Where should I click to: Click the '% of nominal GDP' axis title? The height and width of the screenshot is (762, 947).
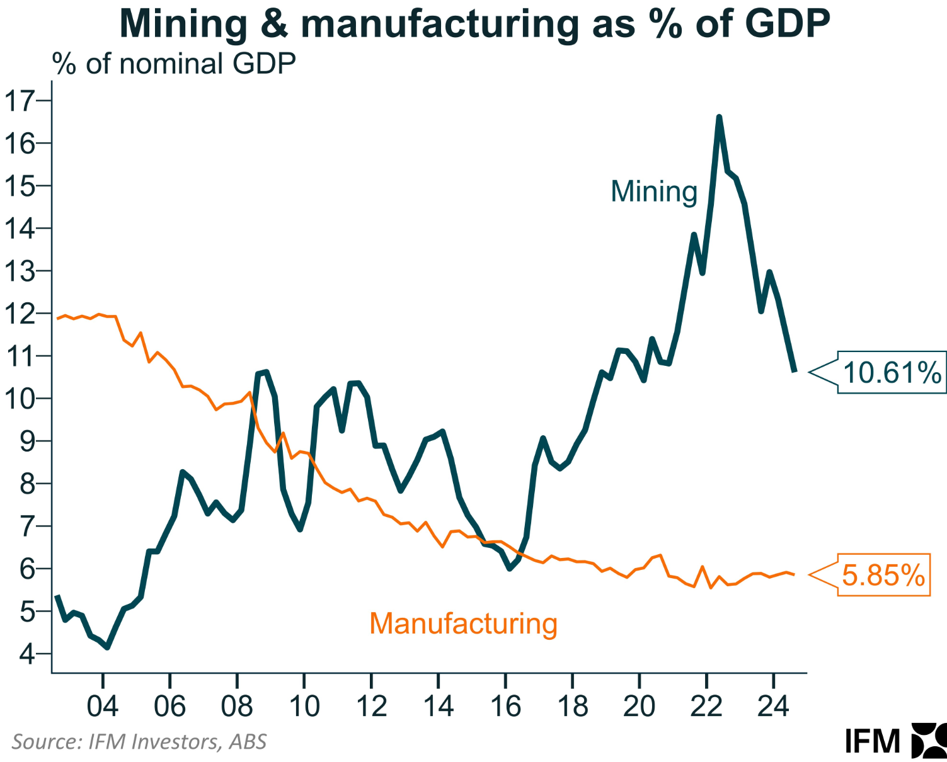[x=174, y=64]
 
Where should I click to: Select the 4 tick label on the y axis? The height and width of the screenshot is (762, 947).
[x=27, y=654]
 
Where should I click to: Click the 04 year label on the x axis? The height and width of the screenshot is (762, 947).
[x=103, y=706]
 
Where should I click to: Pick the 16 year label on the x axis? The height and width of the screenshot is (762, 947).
[x=505, y=706]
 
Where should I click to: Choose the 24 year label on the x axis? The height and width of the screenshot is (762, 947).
[x=774, y=706]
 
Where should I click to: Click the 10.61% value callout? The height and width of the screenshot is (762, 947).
[x=891, y=373]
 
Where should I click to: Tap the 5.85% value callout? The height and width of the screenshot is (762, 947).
[x=883, y=575]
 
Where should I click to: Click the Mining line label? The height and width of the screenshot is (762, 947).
[x=654, y=191]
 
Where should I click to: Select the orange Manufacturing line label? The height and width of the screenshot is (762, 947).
[x=463, y=623]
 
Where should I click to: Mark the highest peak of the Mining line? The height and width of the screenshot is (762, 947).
[x=719, y=117]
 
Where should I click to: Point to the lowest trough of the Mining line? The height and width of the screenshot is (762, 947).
[x=108, y=647]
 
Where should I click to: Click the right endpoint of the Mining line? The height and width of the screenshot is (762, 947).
[x=794, y=371]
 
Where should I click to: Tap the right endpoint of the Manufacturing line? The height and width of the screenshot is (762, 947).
[x=794, y=574]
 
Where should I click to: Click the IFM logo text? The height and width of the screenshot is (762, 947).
[x=873, y=741]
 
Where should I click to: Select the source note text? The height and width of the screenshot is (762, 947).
[x=139, y=741]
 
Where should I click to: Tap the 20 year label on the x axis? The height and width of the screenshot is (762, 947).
[x=640, y=706]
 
